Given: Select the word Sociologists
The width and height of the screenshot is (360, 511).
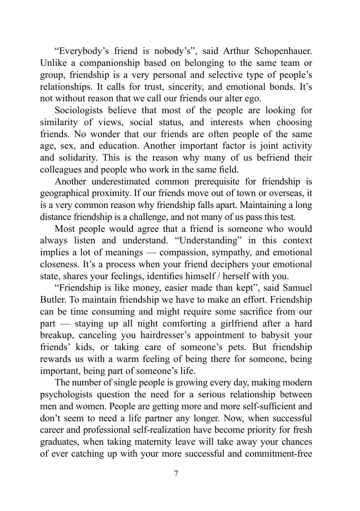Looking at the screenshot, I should pos(78,110).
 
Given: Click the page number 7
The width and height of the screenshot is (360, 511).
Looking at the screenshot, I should pos(177,474).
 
